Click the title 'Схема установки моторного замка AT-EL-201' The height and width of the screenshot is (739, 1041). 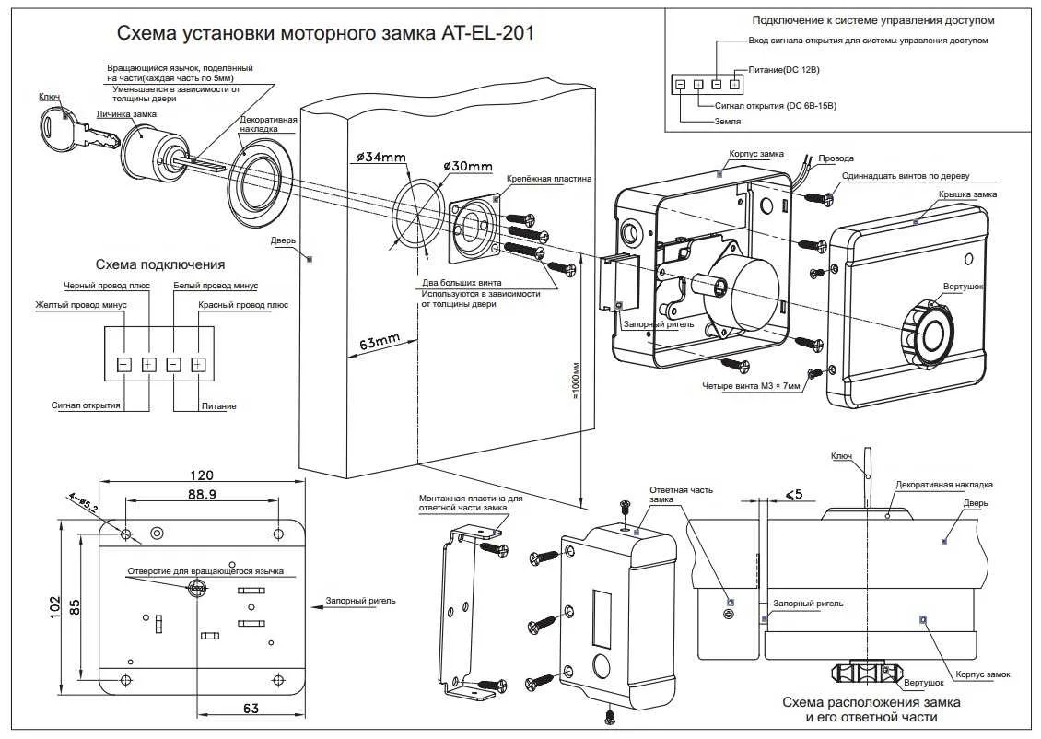click(x=325, y=33)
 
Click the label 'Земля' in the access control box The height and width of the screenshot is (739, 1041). click(x=728, y=121)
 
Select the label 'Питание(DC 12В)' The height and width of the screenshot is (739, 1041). click(x=778, y=71)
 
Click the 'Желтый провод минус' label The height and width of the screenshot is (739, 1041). click(x=81, y=304)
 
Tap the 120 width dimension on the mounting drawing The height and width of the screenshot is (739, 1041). click(x=201, y=475)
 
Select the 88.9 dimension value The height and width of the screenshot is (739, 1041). click(x=201, y=495)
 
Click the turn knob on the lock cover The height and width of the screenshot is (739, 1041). click(x=930, y=334)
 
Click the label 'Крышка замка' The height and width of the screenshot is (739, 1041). click(x=967, y=194)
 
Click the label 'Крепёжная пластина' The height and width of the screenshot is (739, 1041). click(x=549, y=178)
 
